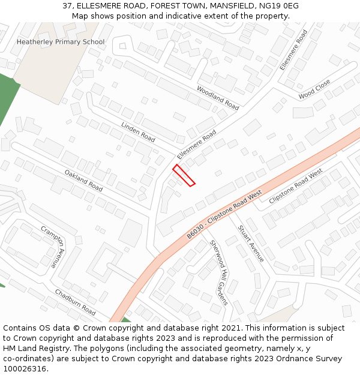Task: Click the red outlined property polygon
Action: pyautogui.click(x=184, y=175)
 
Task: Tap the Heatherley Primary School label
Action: pyautogui.click(x=60, y=42)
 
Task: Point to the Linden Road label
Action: pyautogui.click(x=138, y=132)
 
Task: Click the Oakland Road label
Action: pyautogui.click(x=83, y=181)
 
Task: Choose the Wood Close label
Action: pyautogui.click(x=314, y=89)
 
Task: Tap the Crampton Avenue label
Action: pyautogui.click(x=52, y=246)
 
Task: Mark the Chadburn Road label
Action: pyautogui.click(x=75, y=302)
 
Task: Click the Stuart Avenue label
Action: pyautogui.click(x=251, y=243)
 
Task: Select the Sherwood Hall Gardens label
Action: pyautogui.click(x=219, y=272)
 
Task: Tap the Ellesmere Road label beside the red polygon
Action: pyautogui.click(x=196, y=145)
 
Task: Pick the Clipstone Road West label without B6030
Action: pyautogui.click(x=296, y=186)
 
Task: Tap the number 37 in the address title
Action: pyautogui.click(x=67, y=6)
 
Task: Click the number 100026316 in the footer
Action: pyautogui.click(x=25, y=369)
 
